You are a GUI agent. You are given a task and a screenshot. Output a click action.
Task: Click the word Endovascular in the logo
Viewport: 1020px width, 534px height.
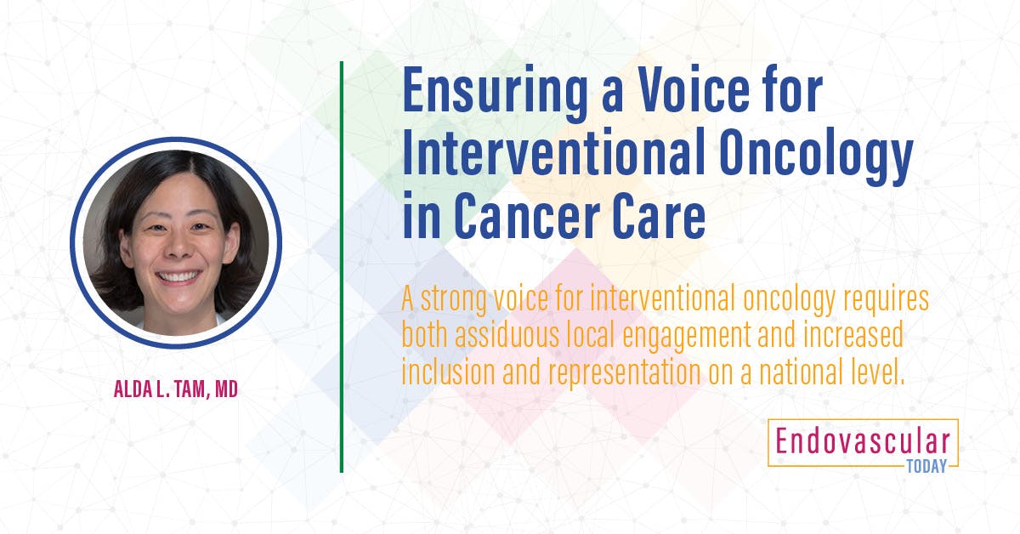pyautogui.click(x=862, y=440)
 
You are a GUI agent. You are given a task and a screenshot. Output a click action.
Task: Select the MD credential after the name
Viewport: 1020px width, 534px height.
pyautogui.click(x=226, y=391)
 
